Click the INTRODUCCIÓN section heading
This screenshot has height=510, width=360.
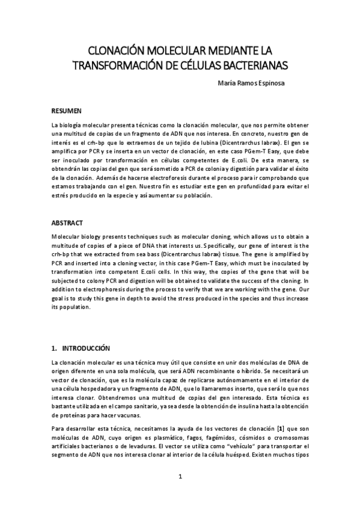pyautogui.click(x=82, y=348)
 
